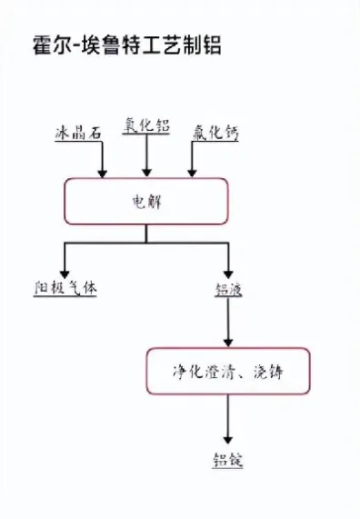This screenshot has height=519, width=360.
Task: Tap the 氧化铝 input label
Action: click(146, 127)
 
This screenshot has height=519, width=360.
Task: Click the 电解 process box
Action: click(145, 201)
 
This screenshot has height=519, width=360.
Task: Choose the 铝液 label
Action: click(227, 290)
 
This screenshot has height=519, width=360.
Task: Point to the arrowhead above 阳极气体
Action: click(64, 272)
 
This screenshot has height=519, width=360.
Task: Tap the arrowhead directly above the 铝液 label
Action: click(227, 272)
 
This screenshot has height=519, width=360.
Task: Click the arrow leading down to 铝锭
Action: click(227, 421)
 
